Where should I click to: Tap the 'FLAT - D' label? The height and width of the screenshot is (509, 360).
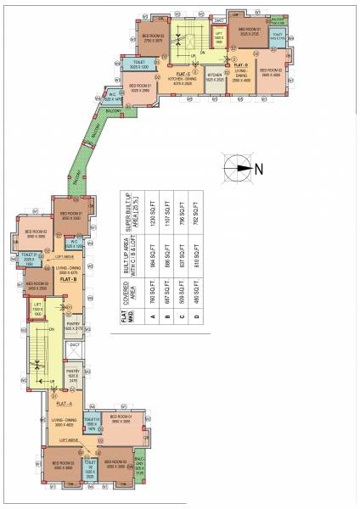(240, 64)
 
